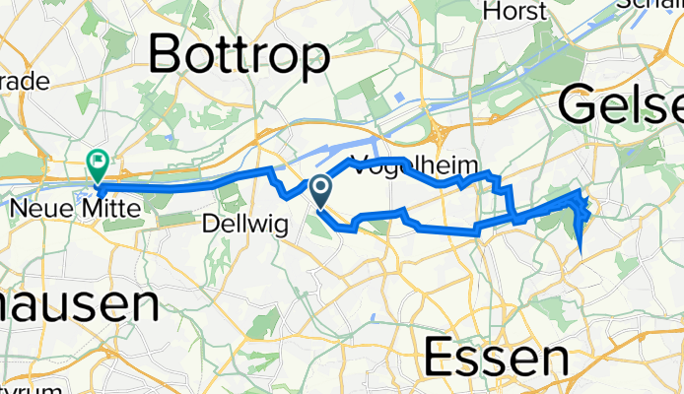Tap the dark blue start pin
coord(321,188)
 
